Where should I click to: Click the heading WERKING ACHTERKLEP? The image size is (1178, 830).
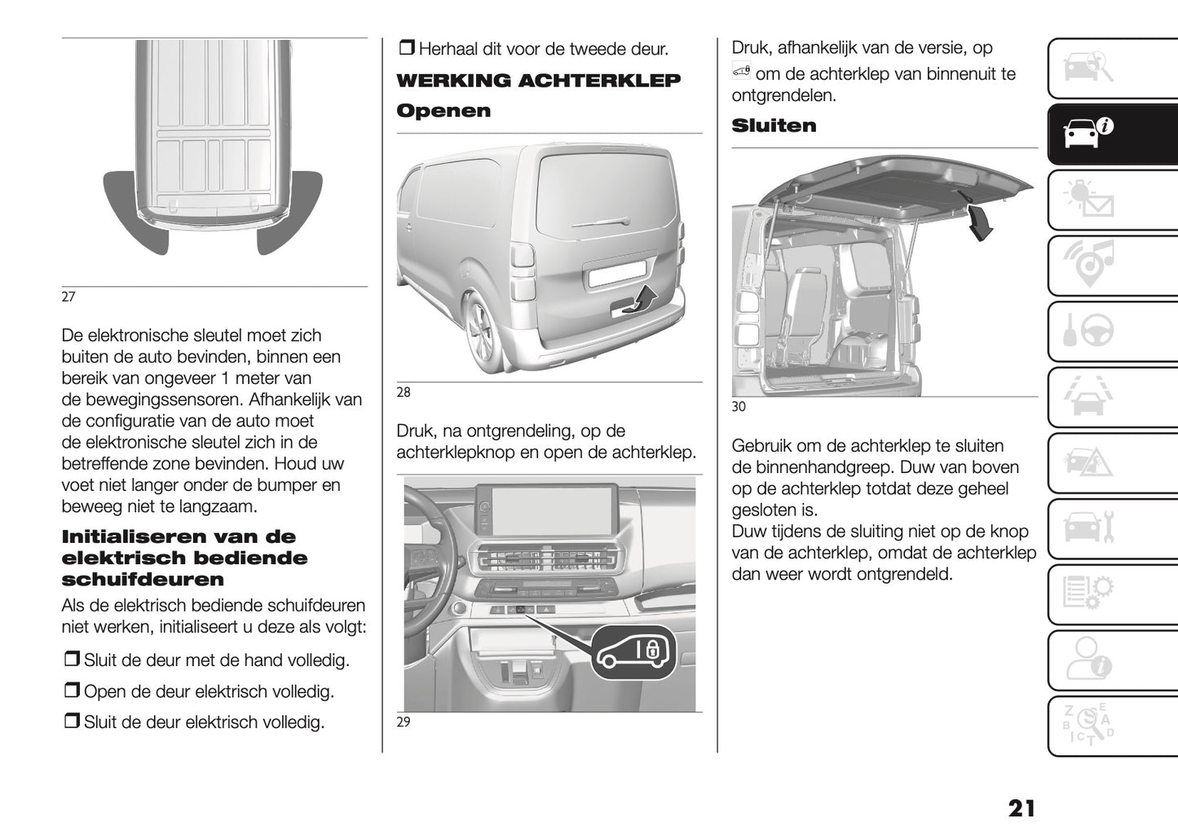click(538, 81)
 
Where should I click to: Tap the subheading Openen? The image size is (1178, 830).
click(443, 111)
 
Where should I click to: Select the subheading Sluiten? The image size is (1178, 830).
click(774, 126)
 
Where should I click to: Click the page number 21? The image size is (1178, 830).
click(1021, 808)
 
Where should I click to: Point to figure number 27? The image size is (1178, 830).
click(68, 297)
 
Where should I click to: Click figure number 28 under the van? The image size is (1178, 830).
click(404, 392)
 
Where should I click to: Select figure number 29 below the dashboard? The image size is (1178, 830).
click(404, 722)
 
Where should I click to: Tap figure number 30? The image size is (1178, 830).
click(739, 406)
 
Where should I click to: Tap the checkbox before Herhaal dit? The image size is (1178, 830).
click(406, 48)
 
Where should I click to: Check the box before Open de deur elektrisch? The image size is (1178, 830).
click(72, 691)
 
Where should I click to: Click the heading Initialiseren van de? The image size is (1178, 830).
click(179, 536)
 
